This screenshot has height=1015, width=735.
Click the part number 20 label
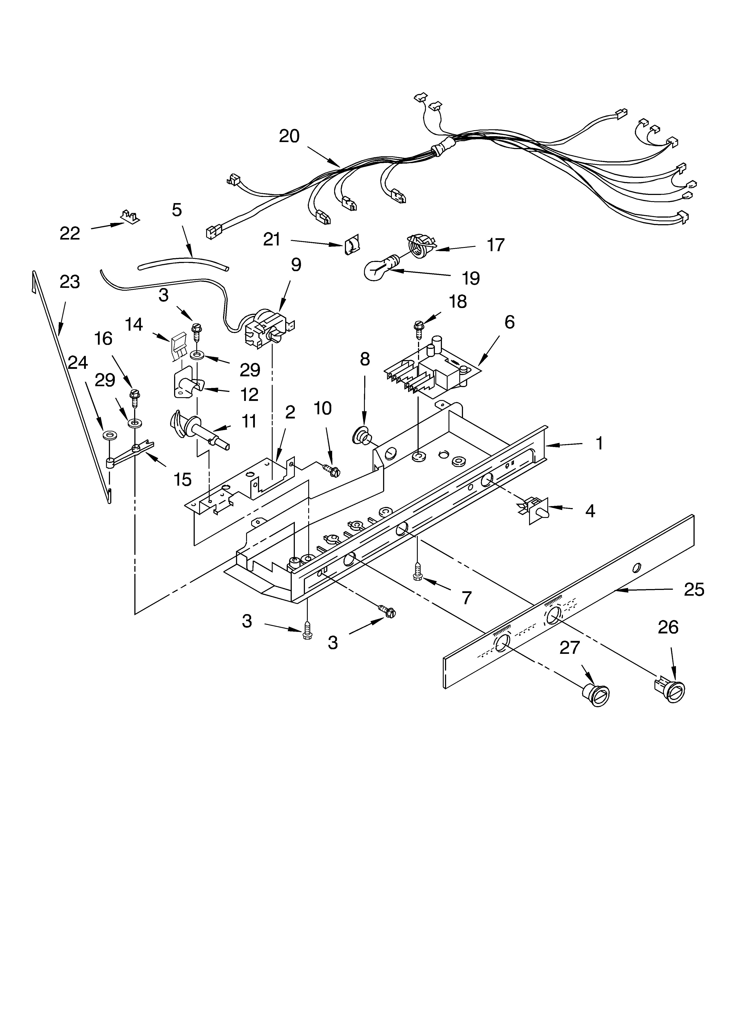[x=289, y=136]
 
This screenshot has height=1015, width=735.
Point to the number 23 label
[x=70, y=282]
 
